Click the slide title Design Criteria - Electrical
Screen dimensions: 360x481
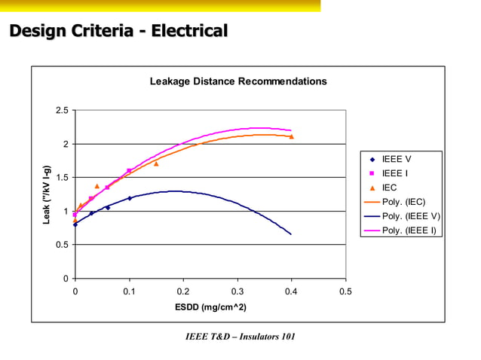tap(118, 32)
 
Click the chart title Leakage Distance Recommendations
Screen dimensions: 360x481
tap(237, 81)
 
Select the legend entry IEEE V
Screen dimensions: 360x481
tap(397, 159)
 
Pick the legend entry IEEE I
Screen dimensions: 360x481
tap(395, 173)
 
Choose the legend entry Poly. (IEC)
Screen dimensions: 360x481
tap(403, 202)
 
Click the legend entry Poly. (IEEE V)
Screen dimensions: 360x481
tap(411, 216)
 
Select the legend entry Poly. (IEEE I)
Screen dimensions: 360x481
tap(409, 230)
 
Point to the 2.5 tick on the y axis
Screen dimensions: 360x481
tap(62, 111)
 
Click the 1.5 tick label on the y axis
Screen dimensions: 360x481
tap(62, 178)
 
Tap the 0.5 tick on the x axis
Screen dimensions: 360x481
tap(345, 291)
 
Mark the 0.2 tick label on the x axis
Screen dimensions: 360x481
tap(182, 291)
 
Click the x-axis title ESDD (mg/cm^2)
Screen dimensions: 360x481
tap(210, 308)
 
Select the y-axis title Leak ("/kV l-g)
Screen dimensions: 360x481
tap(46, 194)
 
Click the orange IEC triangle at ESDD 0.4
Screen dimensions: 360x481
tap(291, 136)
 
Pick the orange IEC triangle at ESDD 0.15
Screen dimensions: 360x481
tap(156, 163)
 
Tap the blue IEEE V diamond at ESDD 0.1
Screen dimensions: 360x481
tap(129, 198)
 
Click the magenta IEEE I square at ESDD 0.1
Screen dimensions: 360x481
tap(129, 170)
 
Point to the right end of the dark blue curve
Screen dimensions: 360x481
tap(291, 234)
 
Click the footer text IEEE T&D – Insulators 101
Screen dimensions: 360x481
tap(240, 335)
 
